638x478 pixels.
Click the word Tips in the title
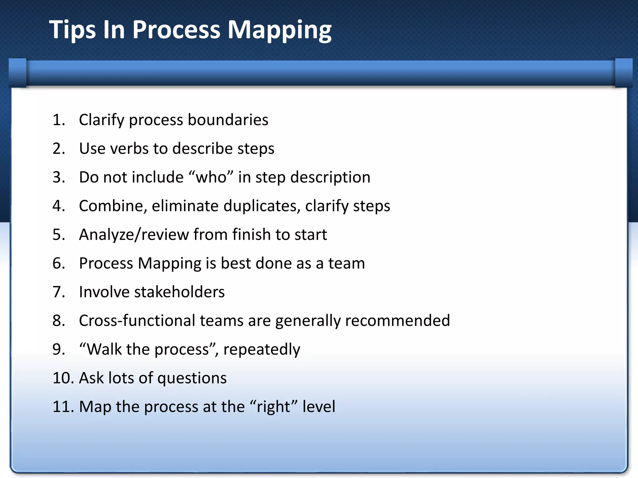coord(72,30)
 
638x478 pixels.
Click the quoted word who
coord(211,177)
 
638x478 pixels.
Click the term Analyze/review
coord(134,235)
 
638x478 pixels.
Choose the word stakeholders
coord(179,292)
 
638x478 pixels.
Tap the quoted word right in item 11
coord(274,407)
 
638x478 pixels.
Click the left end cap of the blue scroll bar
coord(18,73)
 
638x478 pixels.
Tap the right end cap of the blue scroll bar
coord(623,73)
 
